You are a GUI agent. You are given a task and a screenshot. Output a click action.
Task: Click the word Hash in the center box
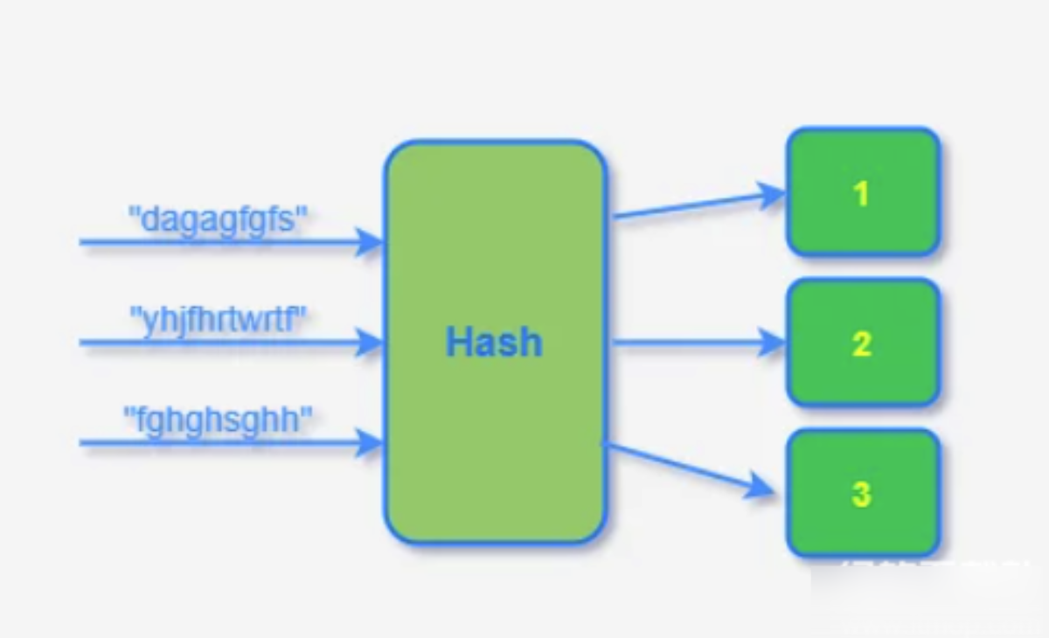click(494, 342)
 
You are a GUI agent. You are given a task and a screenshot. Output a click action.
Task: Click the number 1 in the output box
click(861, 193)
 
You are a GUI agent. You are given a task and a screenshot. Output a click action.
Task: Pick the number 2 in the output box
click(861, 344)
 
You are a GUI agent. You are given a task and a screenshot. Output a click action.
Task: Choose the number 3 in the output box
click(861, 495)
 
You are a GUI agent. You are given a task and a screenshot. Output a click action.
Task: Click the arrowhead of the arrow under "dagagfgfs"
click(371, 242)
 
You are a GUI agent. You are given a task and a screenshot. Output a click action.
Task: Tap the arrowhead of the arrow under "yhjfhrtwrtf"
click(371, 343)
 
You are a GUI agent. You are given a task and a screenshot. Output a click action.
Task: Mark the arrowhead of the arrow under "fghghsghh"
click(371, 443)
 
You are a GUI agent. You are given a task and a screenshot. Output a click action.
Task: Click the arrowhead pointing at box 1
click(771, 195)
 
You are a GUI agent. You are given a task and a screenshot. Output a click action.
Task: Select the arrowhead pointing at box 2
click(773, 343)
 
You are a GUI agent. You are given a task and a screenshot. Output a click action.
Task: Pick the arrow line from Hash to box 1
click(691, 206)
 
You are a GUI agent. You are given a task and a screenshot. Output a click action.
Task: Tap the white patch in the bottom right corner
click(927, 599)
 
